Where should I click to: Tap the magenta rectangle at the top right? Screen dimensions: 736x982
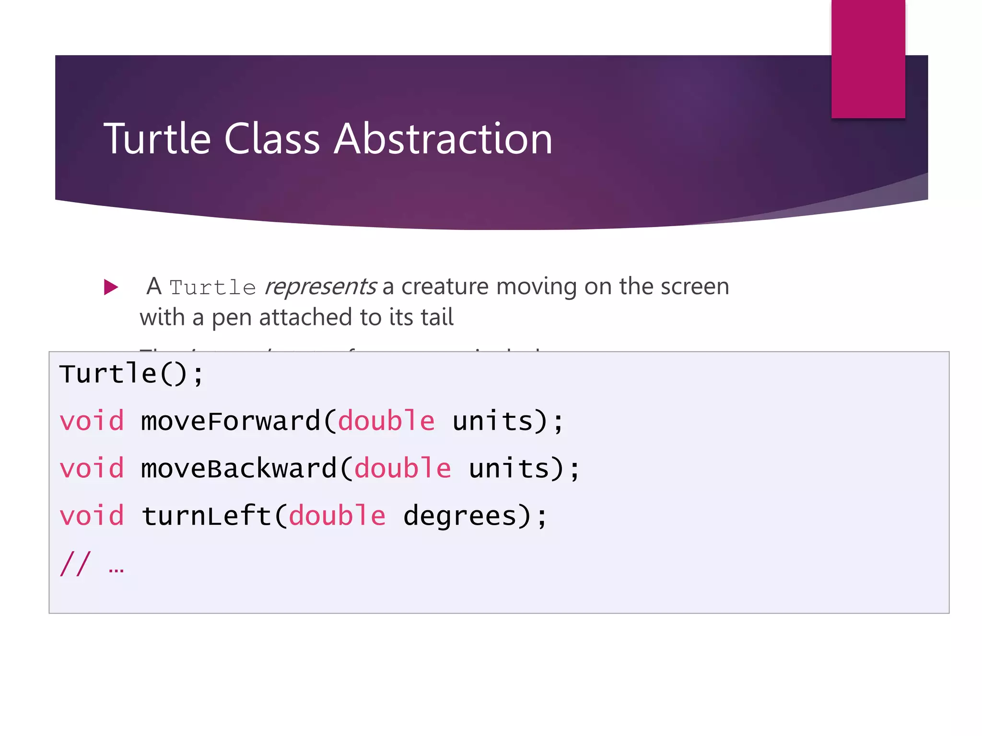coord(868,58)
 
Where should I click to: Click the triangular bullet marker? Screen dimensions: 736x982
coord(111,287)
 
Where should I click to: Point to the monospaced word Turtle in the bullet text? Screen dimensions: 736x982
coord(212,287)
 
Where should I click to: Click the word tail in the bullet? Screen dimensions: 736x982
coord(437,317)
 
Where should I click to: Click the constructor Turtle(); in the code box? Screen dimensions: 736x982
coord(131,374)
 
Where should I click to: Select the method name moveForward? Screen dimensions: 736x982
coord(231,421)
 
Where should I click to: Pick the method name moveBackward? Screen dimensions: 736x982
coord(239,468)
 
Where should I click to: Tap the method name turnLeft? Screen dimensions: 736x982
coord(207,516)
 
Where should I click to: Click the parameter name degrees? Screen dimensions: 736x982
coord(460,517)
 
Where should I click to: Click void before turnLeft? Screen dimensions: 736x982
coord(92,516)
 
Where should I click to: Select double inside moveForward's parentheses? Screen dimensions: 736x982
coord(386,421)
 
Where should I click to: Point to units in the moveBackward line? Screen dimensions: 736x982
coord(509,468)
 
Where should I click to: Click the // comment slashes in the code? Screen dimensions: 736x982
coord(75,563)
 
